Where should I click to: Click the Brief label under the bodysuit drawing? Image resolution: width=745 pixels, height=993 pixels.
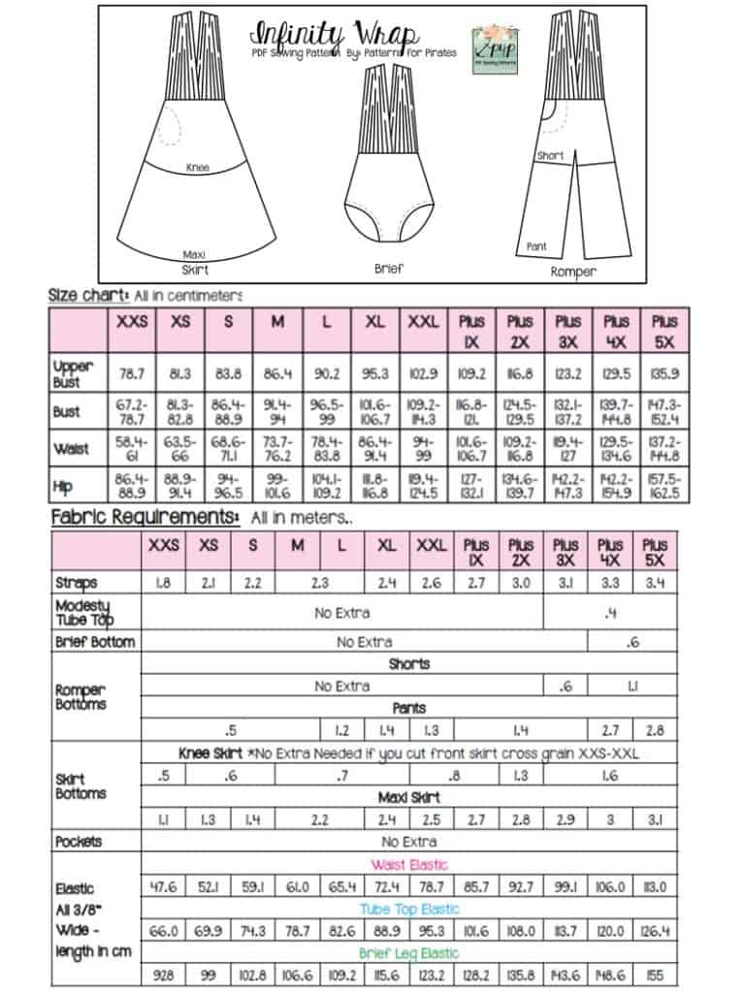(x=388, y=269)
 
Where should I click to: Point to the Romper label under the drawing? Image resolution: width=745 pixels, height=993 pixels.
(x=573, y=272)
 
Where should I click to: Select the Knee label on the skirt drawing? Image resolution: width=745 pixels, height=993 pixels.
(x=197, y=168)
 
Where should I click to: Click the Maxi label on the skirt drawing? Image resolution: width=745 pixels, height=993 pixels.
(x=194, y=255)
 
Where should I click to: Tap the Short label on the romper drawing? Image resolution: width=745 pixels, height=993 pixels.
(x=550, y=155)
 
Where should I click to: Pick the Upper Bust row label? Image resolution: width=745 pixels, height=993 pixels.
(x=74, y=372)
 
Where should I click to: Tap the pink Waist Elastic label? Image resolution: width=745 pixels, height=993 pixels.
(x=409, y=864)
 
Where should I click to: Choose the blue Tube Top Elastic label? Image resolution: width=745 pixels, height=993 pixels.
(x=409, y=909)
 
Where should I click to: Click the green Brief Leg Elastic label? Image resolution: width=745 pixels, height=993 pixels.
(x=409, y=953)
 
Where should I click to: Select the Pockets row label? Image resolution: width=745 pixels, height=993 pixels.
(x=79, y=841)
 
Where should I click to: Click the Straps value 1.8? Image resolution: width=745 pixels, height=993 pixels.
(x=163, y=584)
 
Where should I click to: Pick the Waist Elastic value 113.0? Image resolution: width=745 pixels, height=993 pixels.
(x=656, y=886)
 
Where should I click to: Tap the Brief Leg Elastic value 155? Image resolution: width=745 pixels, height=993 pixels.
(x=656, y=976)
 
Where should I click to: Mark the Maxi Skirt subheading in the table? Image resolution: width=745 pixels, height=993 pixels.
(x=409, y=797)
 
